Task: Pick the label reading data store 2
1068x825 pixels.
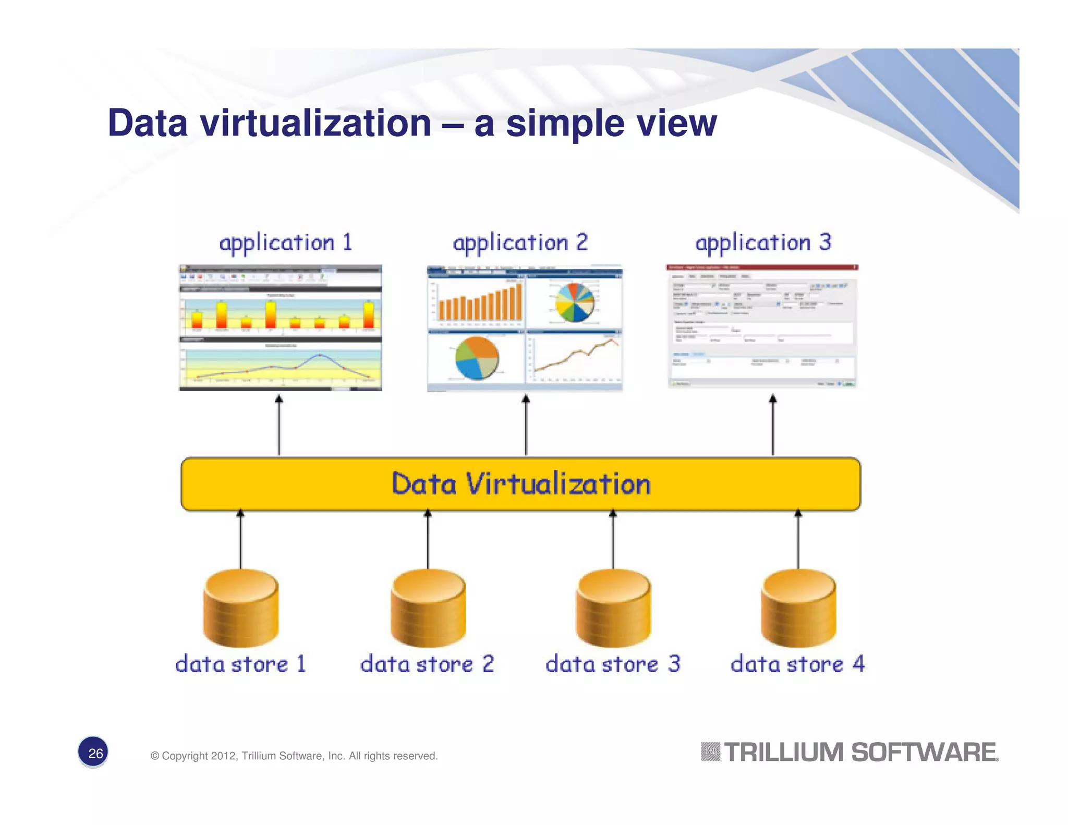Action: [427, 664]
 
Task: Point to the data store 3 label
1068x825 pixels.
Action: [613, 664]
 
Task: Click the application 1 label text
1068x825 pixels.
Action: [286, 243]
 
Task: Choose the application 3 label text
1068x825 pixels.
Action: [763, 243]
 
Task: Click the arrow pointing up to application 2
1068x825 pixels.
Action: [526, 425]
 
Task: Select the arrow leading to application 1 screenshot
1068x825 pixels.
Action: [279, 425]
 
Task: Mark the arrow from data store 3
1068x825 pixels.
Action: [613, 540]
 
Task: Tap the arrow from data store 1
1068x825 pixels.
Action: [240, 540]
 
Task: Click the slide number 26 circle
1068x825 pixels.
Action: [93, 753]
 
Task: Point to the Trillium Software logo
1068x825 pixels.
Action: [850, 753]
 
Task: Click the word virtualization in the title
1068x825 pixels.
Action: [315, 124]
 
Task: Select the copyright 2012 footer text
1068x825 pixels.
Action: [294, 756]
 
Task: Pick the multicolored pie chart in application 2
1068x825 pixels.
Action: [574, 302]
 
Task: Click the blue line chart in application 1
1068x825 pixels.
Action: [282, 365]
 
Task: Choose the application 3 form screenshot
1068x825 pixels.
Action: [762, 326]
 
